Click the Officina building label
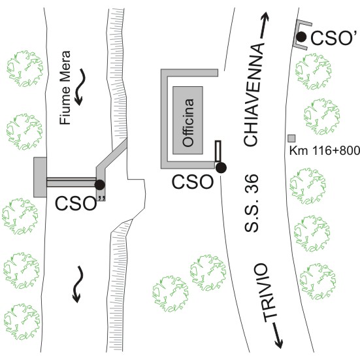click(x=188, y=123)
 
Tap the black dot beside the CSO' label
click(x=301, y=37)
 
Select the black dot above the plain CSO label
click(x=221, y=168)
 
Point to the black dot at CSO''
click(x=100, y=185)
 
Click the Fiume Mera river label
click(x=65, y=88)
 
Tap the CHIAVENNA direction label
click(x=254, y=95)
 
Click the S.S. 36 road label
click(x=251, y=203)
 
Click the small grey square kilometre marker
click(x=291, y=139)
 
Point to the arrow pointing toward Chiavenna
click(x=264, y=25)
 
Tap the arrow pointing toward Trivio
click(x=278, y=335)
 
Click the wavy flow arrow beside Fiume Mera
click(x=80, y=88)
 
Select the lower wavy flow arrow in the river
click(x=78, y=284)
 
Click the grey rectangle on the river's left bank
click(x=40, y=177)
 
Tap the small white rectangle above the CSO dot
click(x=218, y=151)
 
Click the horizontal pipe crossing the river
click(x=71, y=182)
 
